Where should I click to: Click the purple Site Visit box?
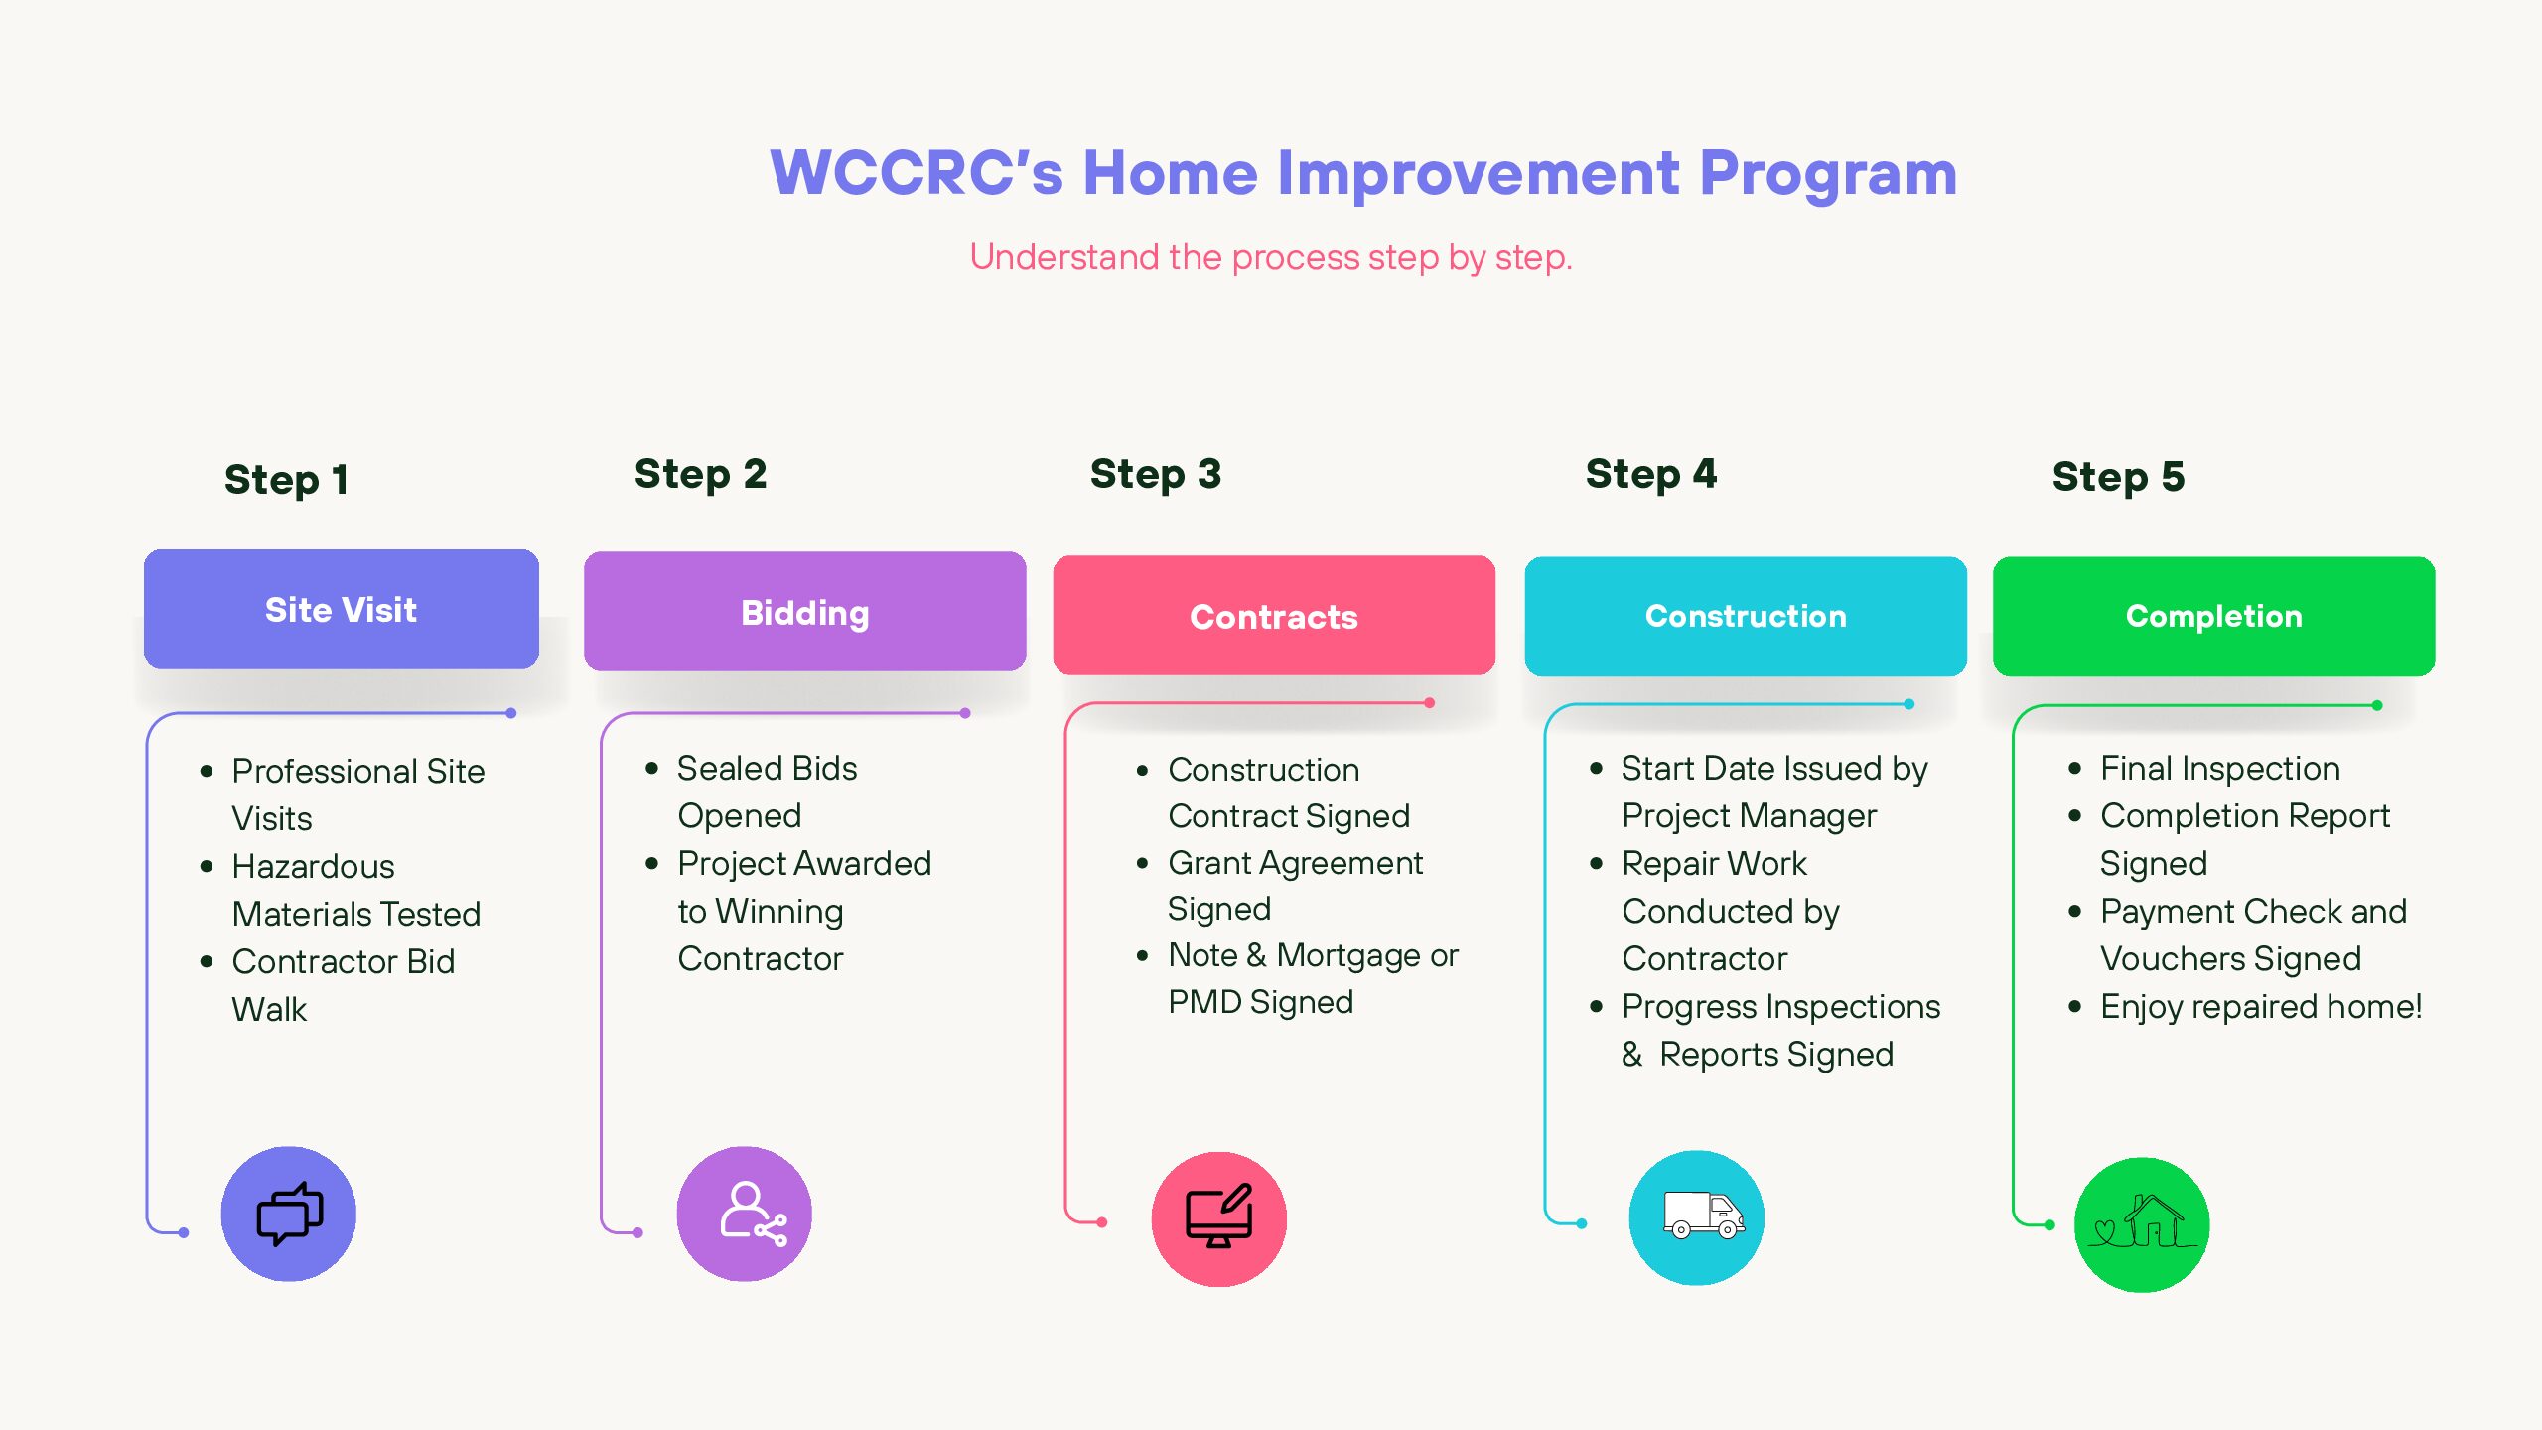[x=341, y=609]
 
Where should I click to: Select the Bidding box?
[x=804, y=612]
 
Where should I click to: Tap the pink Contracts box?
[x=1274, y=616]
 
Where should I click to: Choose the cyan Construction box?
[x=1746, y=616]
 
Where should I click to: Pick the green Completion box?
[x=2213, y=616]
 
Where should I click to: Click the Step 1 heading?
[x=286, y=479]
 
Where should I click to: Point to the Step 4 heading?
[x=1650, y=474]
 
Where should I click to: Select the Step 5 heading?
[x=2118, y=477]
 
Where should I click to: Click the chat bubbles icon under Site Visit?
[x=289, y=1214]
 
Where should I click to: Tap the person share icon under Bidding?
[x=753, y=1214]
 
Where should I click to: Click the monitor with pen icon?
[x=1219, y=1215]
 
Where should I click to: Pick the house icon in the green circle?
[x=2142, y=1221]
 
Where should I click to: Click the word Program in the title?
[x=1828, y=174]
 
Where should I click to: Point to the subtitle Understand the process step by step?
[x=1271, y=257]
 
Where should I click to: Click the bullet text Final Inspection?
[x=2220, y=768]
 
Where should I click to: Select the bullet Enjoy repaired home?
[x=2261, y=1006]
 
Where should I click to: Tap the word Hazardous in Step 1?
[x=313, y=866]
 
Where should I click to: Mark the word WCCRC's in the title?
[x=917, y=173]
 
